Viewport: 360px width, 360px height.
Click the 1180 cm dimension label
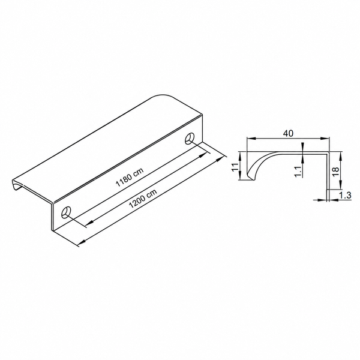pos(130,177)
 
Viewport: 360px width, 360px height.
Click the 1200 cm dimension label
pos(143,199)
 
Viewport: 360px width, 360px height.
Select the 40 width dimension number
pos(288,133)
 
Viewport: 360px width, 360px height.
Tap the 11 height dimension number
pos(235,167)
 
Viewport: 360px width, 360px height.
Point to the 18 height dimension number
pos(335,171)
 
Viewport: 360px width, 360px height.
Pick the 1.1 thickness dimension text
pos(298,172)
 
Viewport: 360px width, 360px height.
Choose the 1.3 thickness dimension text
pos(346,196)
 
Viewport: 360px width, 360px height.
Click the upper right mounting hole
pos(190,139)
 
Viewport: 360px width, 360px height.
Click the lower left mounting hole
pos(66,212)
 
